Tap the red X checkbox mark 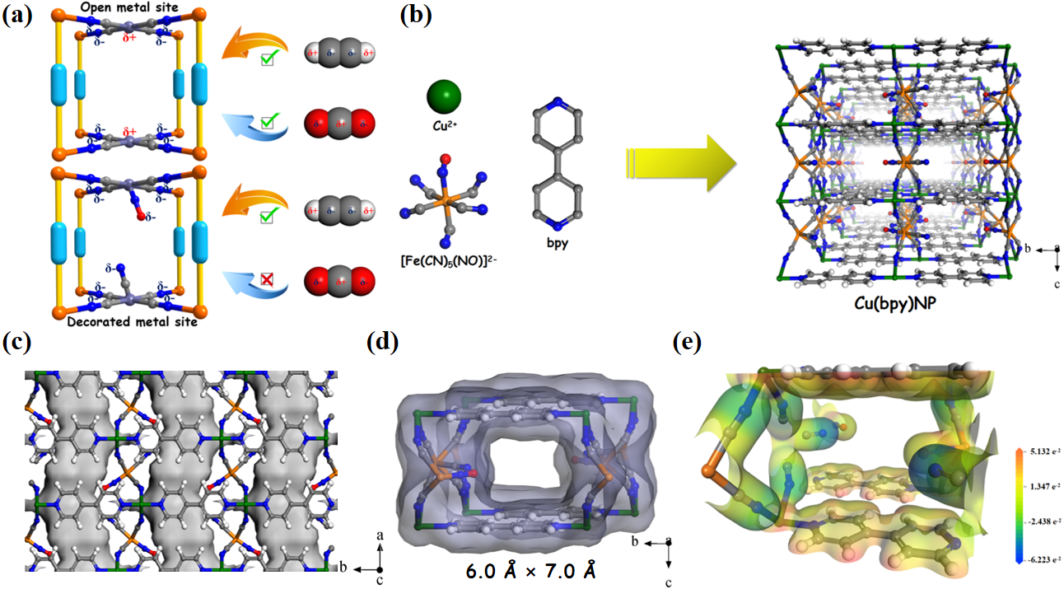[268, 282]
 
